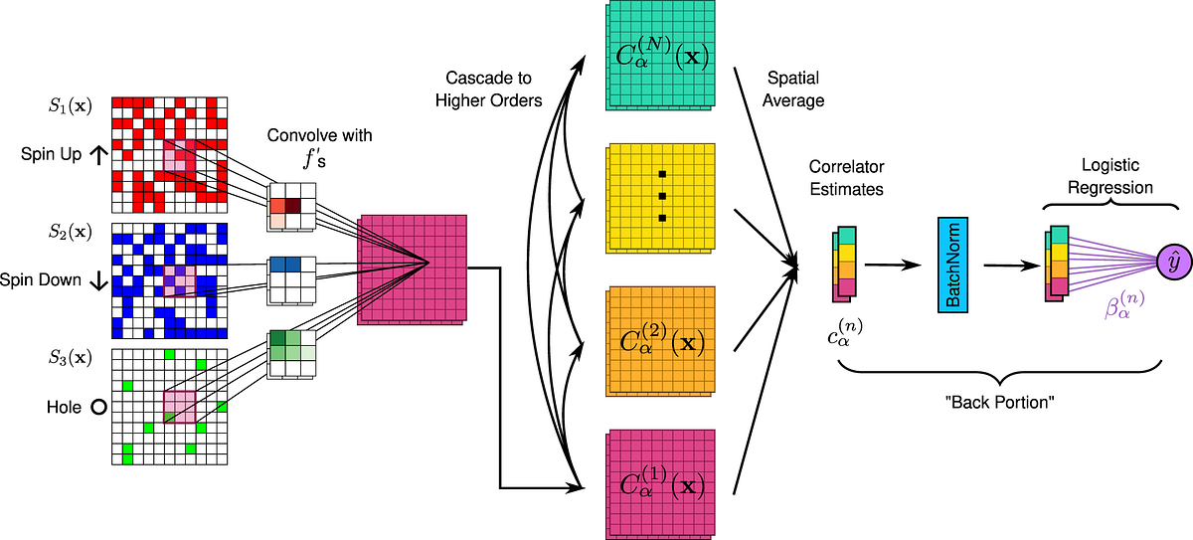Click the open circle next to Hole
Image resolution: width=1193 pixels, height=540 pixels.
click(98, 407)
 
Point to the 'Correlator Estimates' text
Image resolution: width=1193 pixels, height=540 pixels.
click(846, 177)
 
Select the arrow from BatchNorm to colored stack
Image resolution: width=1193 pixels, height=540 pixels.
click(1011, 266)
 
